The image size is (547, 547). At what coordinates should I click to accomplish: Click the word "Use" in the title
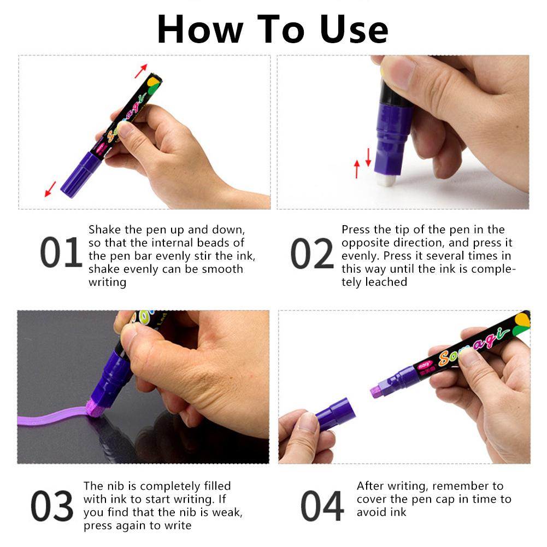354,30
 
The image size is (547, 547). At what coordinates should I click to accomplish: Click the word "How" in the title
200,30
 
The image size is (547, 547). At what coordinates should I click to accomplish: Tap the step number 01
61,252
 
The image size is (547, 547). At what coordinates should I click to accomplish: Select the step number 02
312,253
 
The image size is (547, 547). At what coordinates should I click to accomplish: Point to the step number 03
52,506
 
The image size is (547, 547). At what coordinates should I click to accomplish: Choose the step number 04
322,506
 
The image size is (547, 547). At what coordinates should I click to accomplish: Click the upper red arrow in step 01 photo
141,71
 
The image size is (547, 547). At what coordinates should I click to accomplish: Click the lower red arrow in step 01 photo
50,189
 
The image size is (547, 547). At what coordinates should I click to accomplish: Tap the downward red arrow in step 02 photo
368,157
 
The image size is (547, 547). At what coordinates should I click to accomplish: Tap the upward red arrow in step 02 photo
356,169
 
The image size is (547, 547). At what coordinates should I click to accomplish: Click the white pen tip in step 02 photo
386,180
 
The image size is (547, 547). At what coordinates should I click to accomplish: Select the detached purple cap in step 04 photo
335,414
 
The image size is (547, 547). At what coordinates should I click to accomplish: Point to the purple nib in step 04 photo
376,391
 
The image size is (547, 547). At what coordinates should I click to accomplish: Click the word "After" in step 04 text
370,486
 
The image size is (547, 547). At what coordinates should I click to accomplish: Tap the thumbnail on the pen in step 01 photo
124,128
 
